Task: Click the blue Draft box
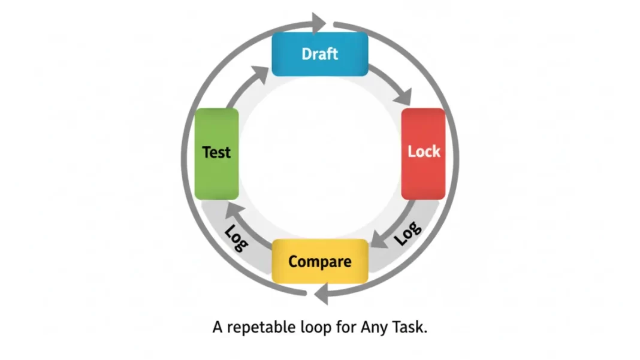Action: coord(319,54)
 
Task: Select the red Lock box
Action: coord(423,153)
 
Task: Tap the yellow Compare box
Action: coord(319,262)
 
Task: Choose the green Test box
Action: coord(216,153)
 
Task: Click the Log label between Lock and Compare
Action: coord(408,234)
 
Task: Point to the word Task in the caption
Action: coord(410,328)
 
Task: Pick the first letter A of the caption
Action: coord(218,328)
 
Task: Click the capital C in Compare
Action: coord(293,262)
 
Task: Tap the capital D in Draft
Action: coord(306,54)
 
